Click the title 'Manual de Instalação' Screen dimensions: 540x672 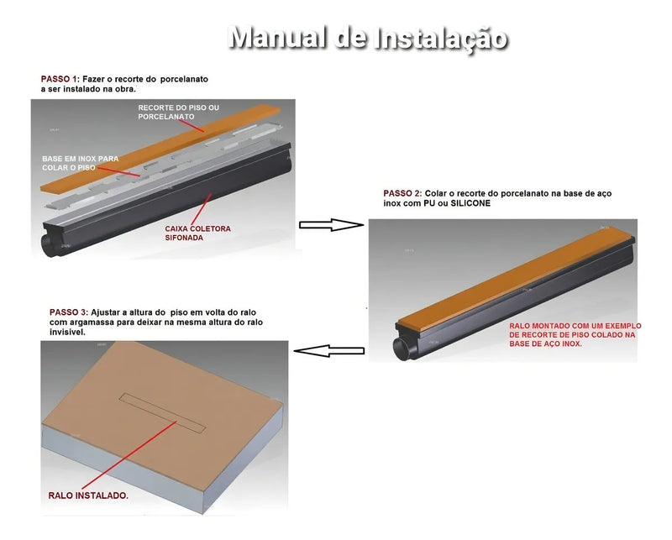(368, 38)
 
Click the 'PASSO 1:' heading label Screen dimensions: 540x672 (60, 79)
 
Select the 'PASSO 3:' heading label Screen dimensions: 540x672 (68, 312)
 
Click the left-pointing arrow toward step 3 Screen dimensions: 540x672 (331, 349)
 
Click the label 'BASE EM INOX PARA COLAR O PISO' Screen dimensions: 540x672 (80, 163)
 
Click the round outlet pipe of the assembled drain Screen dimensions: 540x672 (402, 345)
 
